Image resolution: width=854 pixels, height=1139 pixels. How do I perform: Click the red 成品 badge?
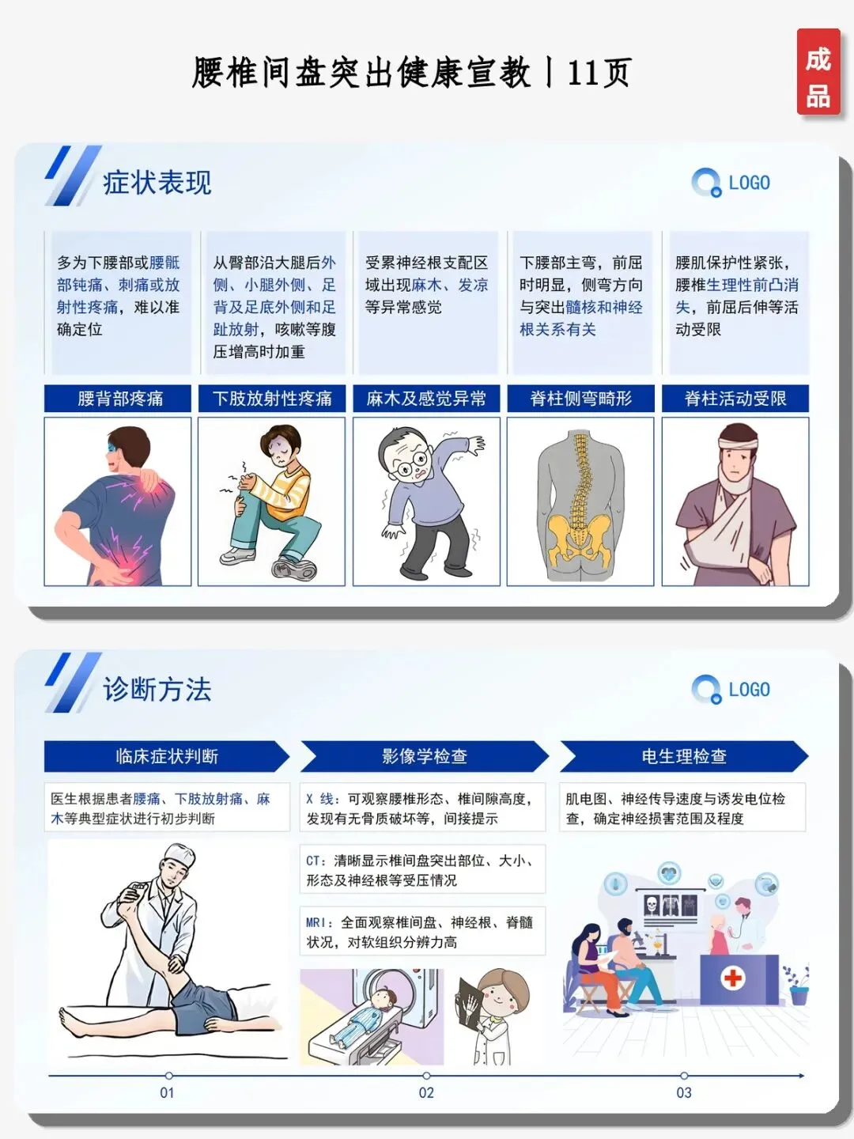[818, 72]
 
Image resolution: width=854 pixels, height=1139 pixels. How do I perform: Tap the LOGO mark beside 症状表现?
[731, 183]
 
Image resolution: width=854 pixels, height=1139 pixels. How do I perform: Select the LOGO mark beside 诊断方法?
[731, 690]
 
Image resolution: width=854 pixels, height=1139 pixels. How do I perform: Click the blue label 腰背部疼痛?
[118, 399]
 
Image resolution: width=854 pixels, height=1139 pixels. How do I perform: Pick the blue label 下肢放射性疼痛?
[272, 399]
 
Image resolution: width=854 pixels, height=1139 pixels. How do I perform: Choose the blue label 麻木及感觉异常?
[426, 399]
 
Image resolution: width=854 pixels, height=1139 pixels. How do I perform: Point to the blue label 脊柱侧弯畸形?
[580, 399]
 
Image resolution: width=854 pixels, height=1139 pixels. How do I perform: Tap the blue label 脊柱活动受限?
[735, 399]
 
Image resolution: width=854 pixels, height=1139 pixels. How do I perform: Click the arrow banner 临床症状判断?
[167, 757]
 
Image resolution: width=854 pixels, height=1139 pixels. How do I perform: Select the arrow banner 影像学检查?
[425, 757]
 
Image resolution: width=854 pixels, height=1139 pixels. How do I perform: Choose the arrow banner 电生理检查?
[684, 757]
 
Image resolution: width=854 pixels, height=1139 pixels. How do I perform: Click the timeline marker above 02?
[426, 1076]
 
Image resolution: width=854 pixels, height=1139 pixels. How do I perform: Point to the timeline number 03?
[684, 1093]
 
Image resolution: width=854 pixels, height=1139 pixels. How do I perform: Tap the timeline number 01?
[167, 1093]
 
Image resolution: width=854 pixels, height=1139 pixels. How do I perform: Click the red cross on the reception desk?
[733, 978]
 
